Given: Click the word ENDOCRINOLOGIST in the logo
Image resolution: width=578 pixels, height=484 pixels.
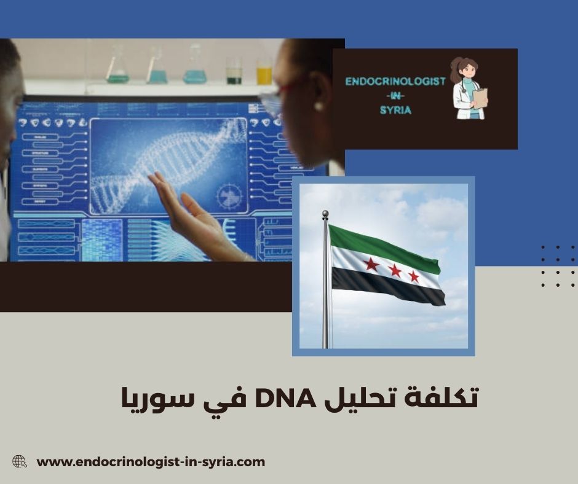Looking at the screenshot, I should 395,82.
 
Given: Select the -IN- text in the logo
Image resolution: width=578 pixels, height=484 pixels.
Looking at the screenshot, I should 391,96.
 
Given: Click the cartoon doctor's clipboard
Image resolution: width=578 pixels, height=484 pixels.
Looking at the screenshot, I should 480,98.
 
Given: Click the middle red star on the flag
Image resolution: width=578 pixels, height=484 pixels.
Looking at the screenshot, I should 395,270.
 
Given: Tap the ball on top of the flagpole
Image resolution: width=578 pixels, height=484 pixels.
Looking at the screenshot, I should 325,214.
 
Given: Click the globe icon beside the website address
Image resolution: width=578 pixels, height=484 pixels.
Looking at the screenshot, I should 20,461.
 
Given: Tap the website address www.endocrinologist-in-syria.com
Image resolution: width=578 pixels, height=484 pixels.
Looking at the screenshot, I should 151,462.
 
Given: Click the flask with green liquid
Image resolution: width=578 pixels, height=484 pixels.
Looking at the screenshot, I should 117,71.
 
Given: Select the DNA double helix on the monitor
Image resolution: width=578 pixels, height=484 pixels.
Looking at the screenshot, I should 166,166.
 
